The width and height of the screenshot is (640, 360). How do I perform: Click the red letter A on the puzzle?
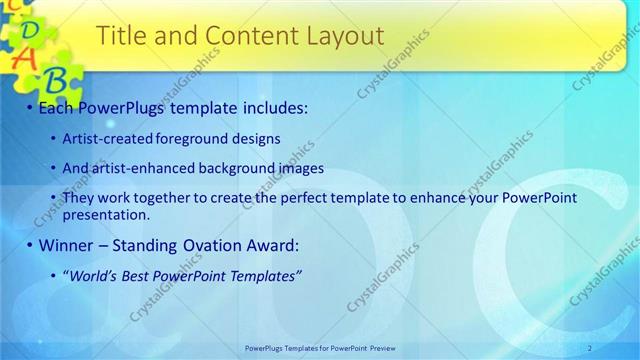click(x=25, y=56)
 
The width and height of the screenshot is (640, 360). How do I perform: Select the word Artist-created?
click(x=108, y=139)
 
